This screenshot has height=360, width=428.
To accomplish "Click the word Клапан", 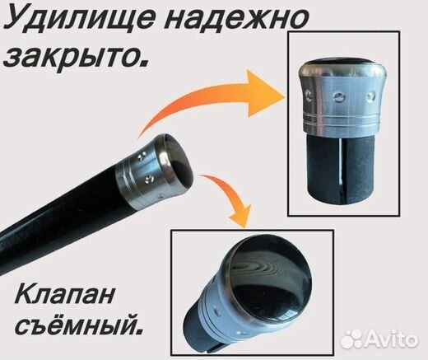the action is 65,294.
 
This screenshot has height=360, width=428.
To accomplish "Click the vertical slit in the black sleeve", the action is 341,168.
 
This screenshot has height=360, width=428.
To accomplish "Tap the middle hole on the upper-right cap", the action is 337,96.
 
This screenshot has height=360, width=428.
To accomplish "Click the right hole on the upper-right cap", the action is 370,96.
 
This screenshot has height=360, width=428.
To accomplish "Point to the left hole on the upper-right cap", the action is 309,96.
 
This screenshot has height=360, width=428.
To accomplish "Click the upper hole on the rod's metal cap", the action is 142,157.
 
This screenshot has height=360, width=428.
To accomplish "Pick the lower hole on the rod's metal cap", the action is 148,179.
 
